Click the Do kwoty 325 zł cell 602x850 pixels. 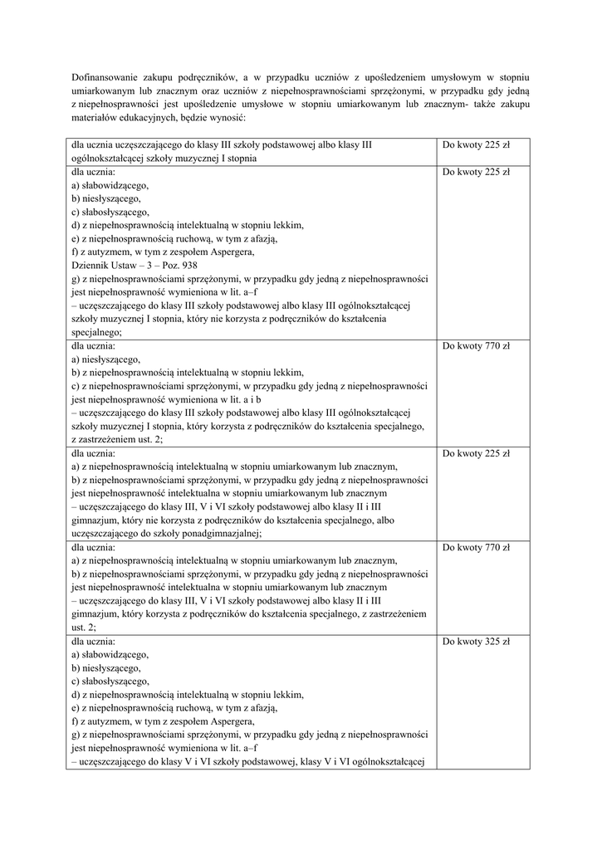[476, 642]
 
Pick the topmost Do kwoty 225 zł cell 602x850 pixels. [476, 144]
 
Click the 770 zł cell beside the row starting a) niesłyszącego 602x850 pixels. [476, 346]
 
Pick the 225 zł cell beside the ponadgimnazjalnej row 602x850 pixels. [476, 454]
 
